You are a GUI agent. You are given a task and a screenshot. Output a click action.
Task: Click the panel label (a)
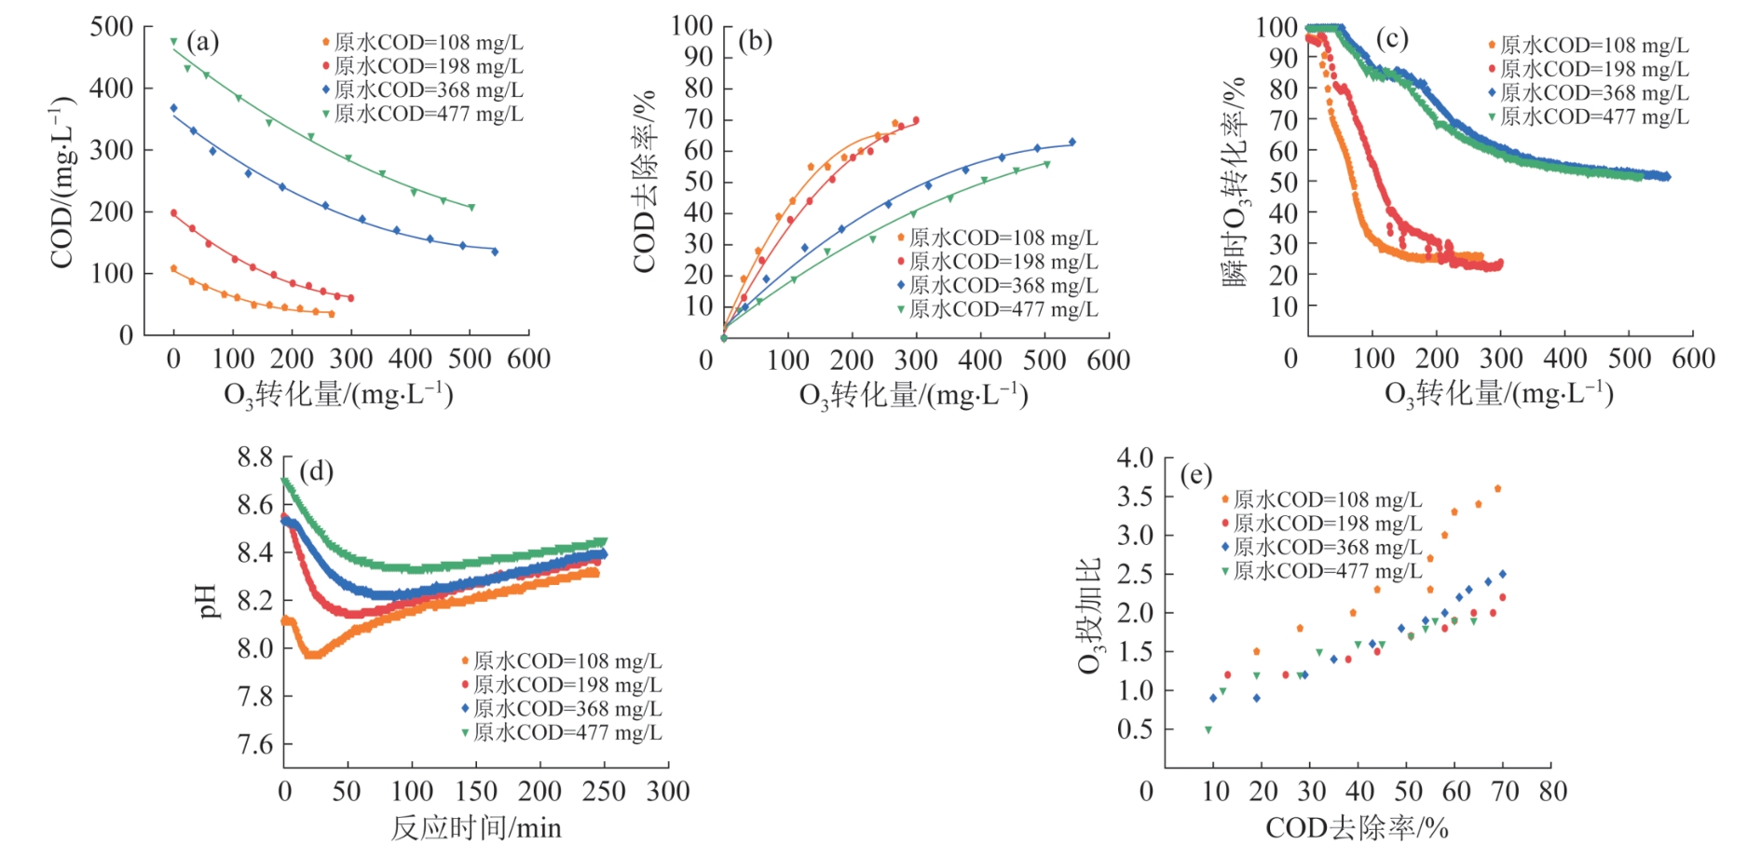pyautogui.click(x=202, y=41)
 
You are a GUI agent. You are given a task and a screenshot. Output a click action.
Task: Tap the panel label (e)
pyautogui.click(x=1195, y=475)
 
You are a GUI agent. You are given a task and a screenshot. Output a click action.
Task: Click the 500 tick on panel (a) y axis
pyautogui.click(x=111, y=27)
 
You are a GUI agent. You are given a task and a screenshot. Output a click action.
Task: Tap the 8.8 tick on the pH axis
pyautogui.click(x=254, y=457)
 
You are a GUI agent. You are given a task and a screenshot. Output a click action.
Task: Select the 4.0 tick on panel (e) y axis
pyautogui.click(x=1135, y=457)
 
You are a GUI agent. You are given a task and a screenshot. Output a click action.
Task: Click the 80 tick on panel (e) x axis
pyautogui.click(x=1552, y=792)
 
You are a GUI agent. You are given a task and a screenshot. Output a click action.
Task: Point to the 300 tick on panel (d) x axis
pyautogui.click(x=668, y=792)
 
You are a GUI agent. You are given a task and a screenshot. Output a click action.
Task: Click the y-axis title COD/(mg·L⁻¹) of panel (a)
pyautogui.click(x=62, y=182)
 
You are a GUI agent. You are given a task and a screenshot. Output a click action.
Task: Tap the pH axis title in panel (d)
pyautogui.click(x=208, y=602)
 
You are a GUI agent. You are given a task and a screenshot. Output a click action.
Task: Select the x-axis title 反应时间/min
pyautogui.click(x=475, y=828)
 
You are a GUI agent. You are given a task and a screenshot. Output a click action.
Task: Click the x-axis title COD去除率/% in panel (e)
pyautogui.click(x=1357, y=828)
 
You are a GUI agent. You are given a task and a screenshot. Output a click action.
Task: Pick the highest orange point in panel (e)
pyautogui.click(x=1497, y=488)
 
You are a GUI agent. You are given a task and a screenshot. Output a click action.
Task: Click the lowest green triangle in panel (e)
pyautogui.click(x=1208, y=730)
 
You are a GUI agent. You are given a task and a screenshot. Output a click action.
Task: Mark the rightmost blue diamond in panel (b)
pyautogui.click(x=1072, y=143)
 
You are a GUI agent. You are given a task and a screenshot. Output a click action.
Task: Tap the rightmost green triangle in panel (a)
pyautogui.click(x=471, y=208)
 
